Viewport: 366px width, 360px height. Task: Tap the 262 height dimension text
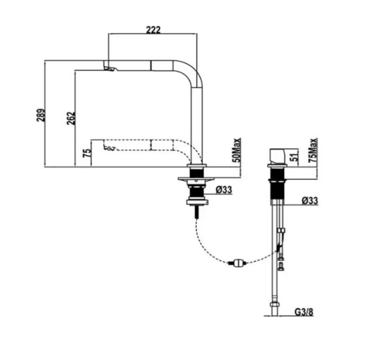point(70,118)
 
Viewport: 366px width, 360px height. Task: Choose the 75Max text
point(313,149)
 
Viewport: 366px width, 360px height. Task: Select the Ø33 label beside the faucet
point(223,189)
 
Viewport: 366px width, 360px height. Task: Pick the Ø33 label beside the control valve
point(310,201)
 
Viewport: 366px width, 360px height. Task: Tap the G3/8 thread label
point(304,313)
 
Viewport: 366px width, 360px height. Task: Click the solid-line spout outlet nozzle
point(110,69)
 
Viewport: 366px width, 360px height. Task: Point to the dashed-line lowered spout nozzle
point(109,148)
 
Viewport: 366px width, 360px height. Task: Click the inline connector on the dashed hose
point(238,263)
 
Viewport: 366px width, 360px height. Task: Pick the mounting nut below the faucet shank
point(197,201)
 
